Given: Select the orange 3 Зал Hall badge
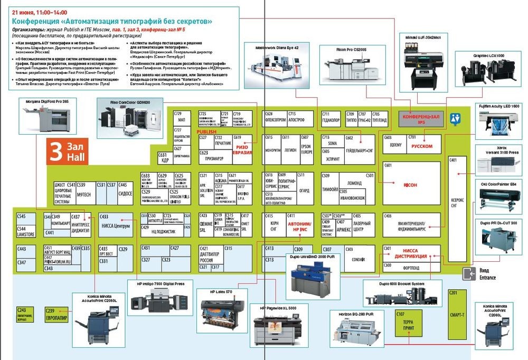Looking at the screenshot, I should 65,151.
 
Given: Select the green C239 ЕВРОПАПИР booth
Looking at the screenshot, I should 56,314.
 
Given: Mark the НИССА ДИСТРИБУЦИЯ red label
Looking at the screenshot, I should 414,256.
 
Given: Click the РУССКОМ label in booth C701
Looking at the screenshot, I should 422,146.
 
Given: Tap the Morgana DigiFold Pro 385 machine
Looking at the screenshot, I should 45,119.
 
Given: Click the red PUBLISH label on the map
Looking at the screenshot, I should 206,132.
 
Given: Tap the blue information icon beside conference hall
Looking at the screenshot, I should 455,119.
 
